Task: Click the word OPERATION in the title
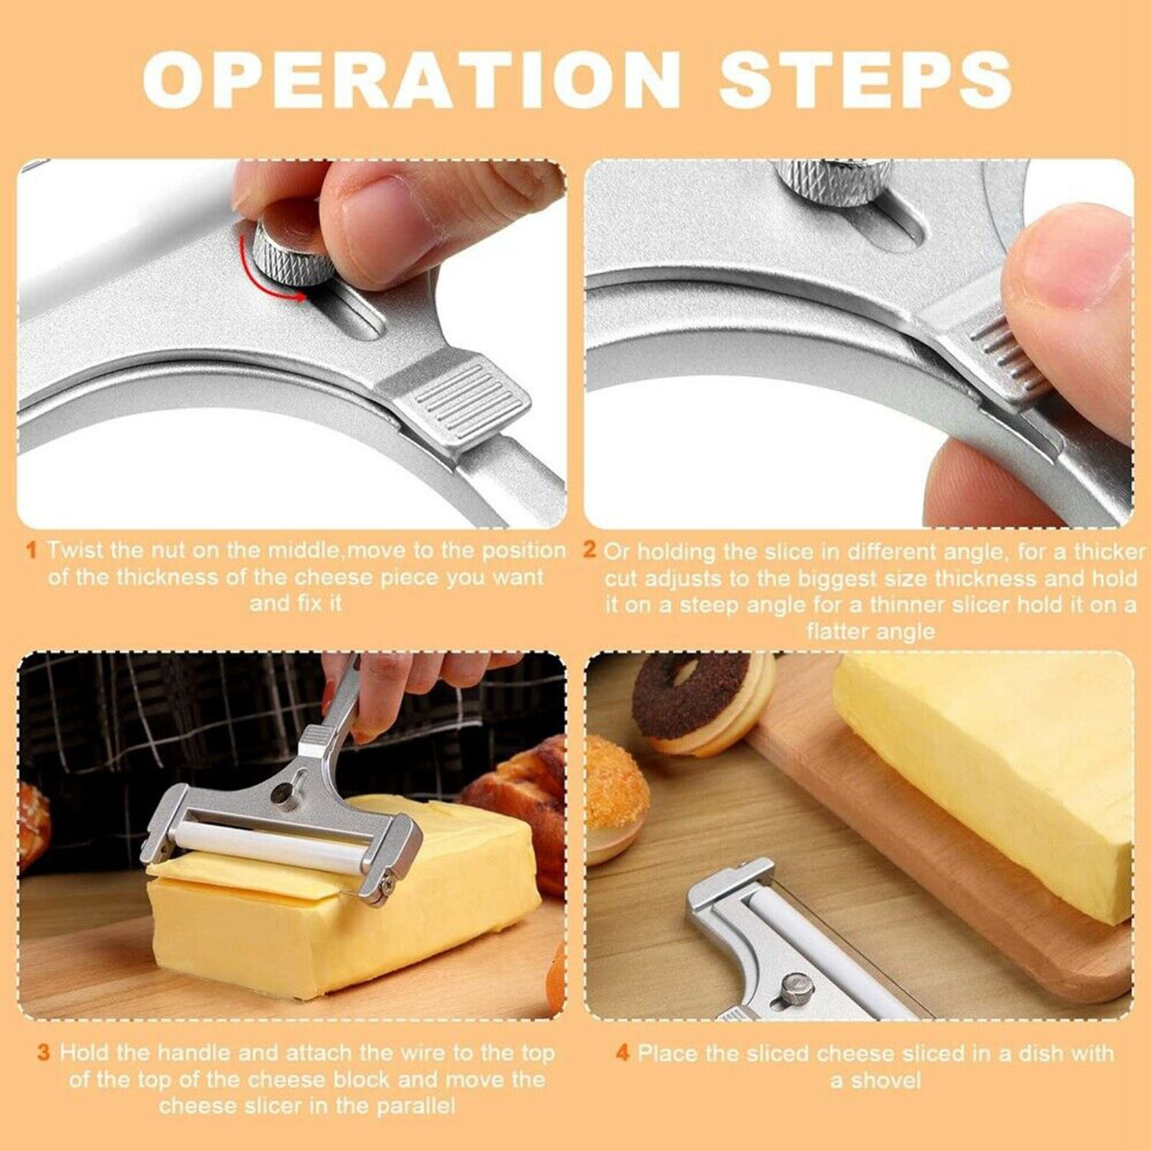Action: tap(410, 79)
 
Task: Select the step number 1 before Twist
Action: tap(31, 551)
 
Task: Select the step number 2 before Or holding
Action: tap(590, 551)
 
